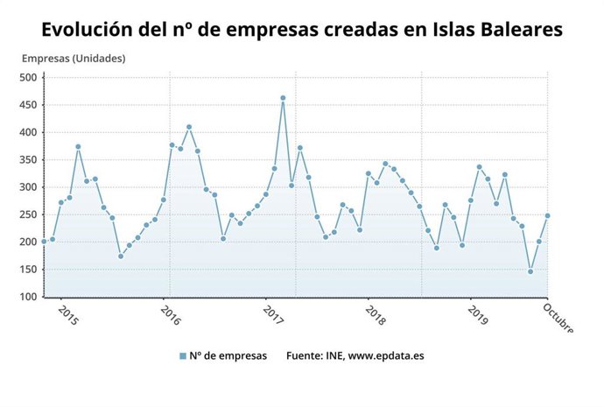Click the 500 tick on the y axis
[x=28, y=78]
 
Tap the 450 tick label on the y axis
[x=28, y=105]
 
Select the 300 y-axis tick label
[x=28, y=187]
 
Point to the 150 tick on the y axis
[x=28, y=270]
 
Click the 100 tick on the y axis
[x=28, y=297]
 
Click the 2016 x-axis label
[x=171, y=316]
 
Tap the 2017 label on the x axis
[x=273, y=316]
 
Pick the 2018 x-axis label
[x=376, y=316]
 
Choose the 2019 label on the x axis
[x=479, y=316]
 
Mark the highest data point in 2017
[x=283, y=98]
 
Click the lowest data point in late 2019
[x=530, y=271]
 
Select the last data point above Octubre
[x=548, y=215]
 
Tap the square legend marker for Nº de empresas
[x=183, y=356]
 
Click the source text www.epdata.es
[x=383, y=356]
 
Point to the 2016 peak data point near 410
[x=189, y=127]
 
